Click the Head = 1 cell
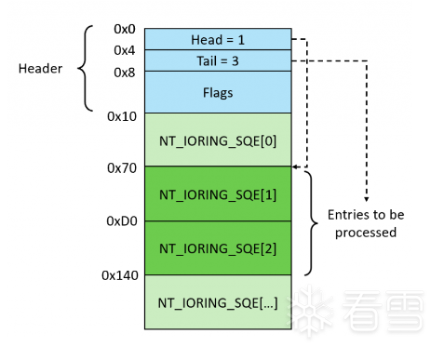pos(218,40)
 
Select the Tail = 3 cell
pos(218,60)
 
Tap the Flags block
pos(218,92)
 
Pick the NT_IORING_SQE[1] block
pos(218,194)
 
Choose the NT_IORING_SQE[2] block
pos(218,248)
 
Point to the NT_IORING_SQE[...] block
pos(218,302)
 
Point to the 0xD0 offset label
pos(122,222)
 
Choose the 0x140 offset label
pos(119,276)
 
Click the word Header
pos(40,69)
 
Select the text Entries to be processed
pos(365,223)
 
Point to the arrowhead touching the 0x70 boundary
pos(296,167)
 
